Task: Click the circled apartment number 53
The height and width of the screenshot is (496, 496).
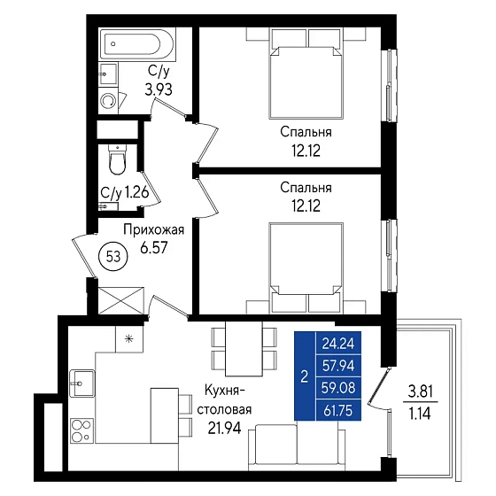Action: [x=113, y=257]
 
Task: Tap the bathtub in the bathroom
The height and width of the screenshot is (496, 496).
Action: [x=137, y=44]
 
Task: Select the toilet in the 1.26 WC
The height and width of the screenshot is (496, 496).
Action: [x=117, y=159]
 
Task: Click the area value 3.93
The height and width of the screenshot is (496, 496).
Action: [x=159, y=89]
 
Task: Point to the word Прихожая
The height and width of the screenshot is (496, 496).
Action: [x=154, y=230]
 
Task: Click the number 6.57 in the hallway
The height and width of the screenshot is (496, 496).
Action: [x=154, y=247]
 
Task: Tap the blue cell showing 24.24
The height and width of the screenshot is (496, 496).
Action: [x=338, y=343]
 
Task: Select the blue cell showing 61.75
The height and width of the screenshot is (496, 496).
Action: [x=338, y=410]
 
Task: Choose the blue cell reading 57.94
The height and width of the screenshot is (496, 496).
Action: [x=338, y=365]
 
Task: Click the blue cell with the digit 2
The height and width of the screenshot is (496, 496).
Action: [x=305, y=376]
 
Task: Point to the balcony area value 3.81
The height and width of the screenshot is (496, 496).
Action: [x=421, y=392]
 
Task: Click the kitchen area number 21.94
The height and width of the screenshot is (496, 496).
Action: [x=225, y=428]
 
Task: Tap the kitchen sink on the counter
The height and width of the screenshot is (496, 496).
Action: [x=81, y=384]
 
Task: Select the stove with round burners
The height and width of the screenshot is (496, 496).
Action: [x=81, y=430]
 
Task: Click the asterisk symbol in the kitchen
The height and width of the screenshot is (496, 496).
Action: [x=128, y=339]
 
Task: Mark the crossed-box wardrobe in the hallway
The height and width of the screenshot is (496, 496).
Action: [x=121, y=301]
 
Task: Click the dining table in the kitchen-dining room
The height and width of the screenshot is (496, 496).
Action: [x=244, y=349]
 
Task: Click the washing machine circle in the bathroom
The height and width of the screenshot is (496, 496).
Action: [x=109, y=101]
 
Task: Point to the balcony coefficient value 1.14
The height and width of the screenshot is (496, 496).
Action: [x=421, y=414]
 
